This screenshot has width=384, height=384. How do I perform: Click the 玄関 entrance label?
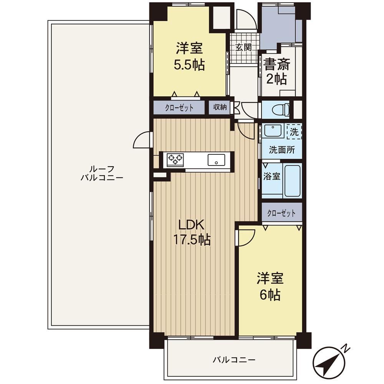pyautogui.click(x=243, y=47)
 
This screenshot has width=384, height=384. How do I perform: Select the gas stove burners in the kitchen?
pyautogui.click(x=175, y=160)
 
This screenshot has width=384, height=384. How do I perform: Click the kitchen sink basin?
pyautogui.click(x=216, y=160)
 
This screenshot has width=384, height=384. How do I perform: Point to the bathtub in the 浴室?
pyautogui.click(x=292, y=181)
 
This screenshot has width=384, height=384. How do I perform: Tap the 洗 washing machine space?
pyautogui.click(x=294, y=132)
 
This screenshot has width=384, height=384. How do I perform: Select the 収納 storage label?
pyautogui.click(x=220, y=107)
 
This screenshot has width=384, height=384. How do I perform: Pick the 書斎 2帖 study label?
pyautogui.click(x=276, y=71)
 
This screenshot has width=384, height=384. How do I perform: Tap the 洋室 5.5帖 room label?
pyautogui.click(x=189, y=57)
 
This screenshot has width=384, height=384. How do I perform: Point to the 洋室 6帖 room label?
pyautogui.click(x=270, y=287)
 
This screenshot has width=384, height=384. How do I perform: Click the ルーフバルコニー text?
pyautogui.click(x=102, y=173)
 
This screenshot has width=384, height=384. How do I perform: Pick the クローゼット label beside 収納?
pyautogui.click(x=179, y=108)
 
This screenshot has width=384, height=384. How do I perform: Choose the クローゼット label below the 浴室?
pyautogui.click(x=281, y=213)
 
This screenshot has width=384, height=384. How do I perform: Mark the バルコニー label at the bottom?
pyautogui.click(x=234, y=360)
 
